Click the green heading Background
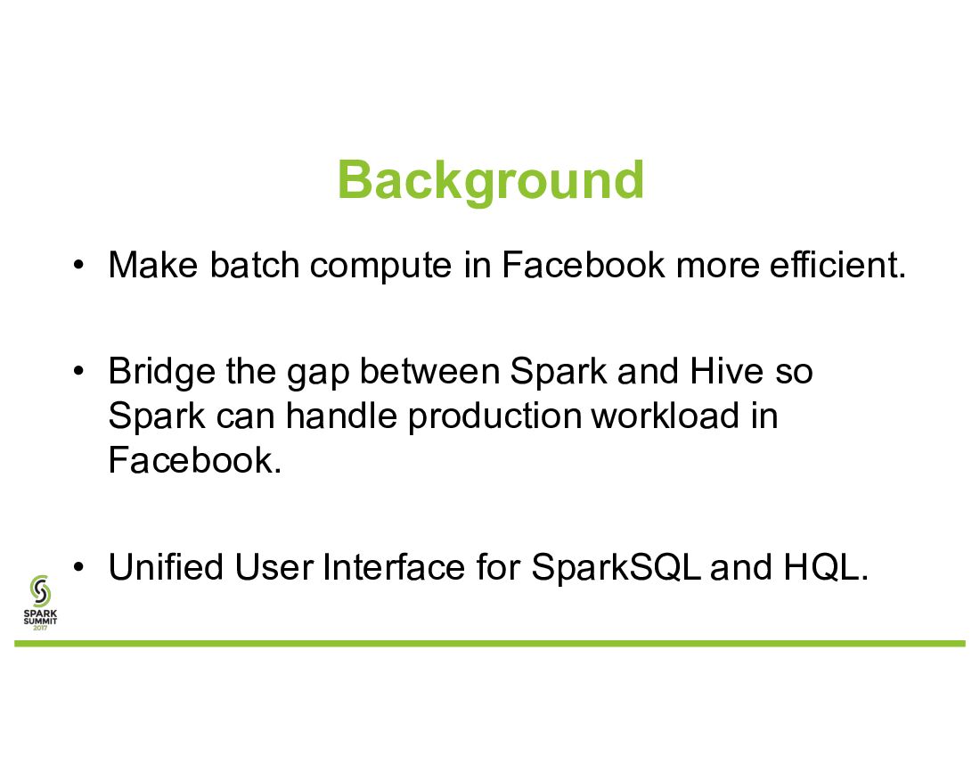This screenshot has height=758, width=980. pos(491,181)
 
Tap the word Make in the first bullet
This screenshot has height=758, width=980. pos(153,265)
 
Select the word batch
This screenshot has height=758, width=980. pos(255,265)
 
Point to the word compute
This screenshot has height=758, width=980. pos(380,267)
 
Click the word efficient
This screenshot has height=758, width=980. pos(837,265)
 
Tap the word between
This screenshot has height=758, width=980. pos(429,371)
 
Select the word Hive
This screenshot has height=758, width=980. pos(726,371)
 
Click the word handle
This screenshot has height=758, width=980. pos(341,416)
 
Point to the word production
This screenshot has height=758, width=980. pos(494,417)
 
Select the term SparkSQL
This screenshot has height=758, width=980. pos(616,567)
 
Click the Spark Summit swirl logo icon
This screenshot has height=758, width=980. pos(40,591)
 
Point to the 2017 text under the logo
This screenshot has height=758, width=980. pos(40,627)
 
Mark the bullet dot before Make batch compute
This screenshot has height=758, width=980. pos(78,265)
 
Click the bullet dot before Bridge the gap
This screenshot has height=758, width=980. pos(78,372)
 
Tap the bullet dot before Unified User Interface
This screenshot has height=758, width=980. pos(78,567)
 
